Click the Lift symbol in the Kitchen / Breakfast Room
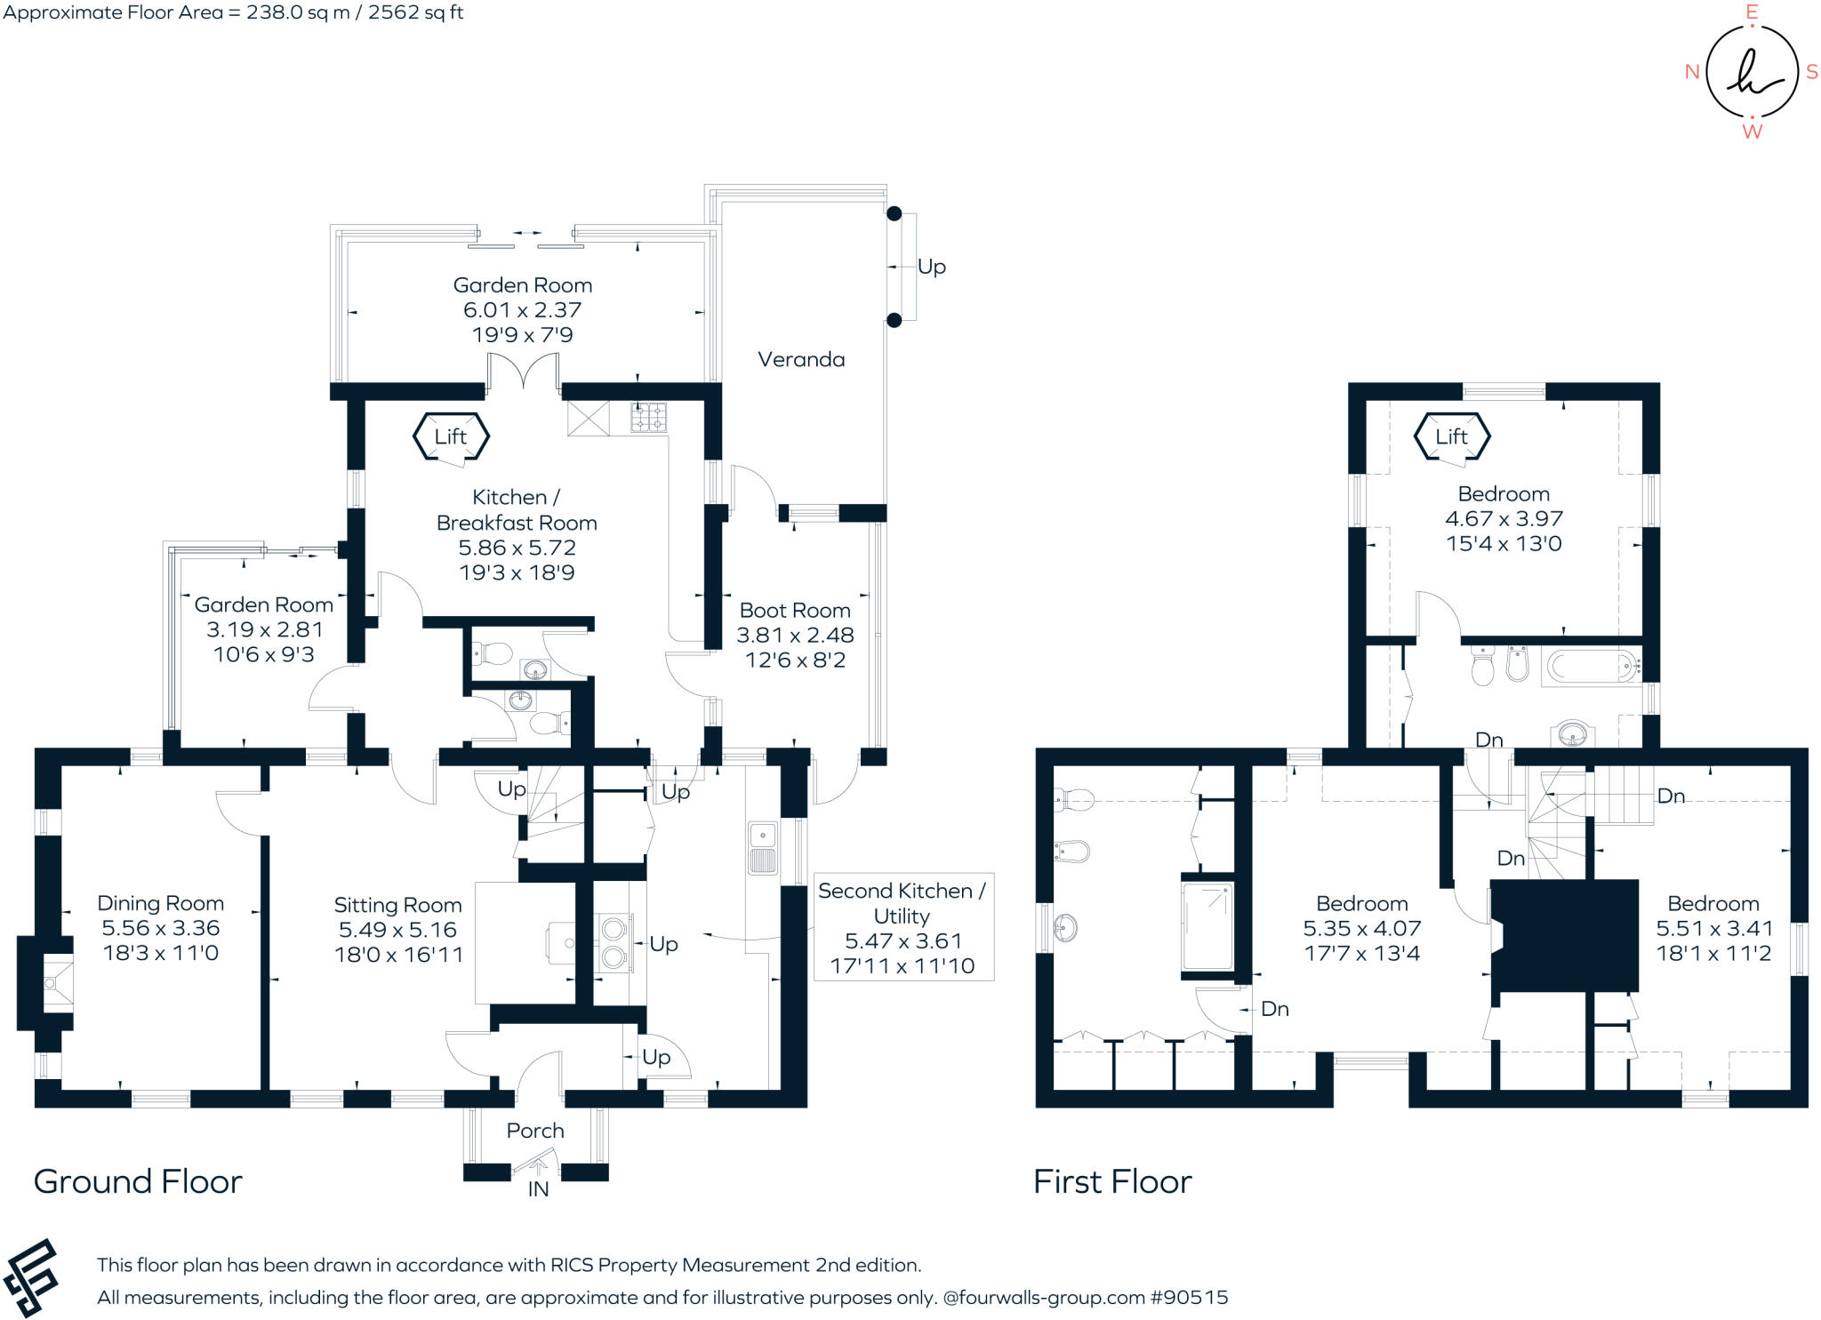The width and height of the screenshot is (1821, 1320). [x=451, y=436]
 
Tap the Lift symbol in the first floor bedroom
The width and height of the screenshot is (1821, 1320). [x=1451, y=436]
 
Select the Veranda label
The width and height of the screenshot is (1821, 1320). [x=801, y=359]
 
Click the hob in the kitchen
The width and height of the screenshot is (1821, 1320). [x=648, y=417]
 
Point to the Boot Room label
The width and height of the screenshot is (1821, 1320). [x=795, y=611]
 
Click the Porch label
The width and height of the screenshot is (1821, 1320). [x=535, y=1131]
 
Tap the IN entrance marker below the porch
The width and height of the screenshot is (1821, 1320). [x=538, y=1189]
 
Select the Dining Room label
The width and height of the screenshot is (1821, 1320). [x=160, y=903]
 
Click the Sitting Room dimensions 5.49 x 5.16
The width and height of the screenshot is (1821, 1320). [x=397, y=930]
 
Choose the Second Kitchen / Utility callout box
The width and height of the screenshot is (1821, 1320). [x=902, y=927]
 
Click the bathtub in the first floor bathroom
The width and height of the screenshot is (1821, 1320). [x=1591, y=666]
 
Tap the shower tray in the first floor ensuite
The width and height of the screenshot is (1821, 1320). [x=1207, y=926]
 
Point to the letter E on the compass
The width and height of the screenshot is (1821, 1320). [x=1752, y=12]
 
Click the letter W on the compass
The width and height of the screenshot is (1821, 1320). [x=1752, y=132]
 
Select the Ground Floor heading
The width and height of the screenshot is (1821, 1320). [x=138, y=1181]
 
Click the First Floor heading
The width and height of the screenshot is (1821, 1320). [x=1112, y=1181]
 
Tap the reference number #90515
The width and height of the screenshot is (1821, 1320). [x=1189, y=1297]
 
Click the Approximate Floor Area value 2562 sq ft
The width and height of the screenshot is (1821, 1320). [x=415, y=12]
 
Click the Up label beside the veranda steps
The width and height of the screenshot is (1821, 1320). [x=931, y=267]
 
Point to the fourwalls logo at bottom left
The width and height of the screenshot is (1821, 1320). [x=30, y=1276]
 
